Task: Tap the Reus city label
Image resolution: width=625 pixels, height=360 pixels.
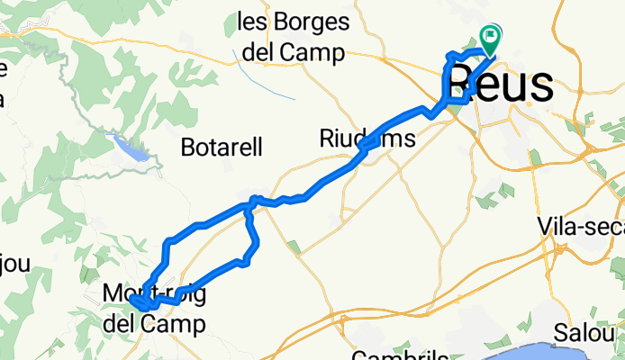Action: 499,85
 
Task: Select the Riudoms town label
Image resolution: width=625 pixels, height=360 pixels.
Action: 367,138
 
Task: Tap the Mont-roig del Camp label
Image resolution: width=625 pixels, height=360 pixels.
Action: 153,308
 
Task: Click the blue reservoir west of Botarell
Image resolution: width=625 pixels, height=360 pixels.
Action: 131,148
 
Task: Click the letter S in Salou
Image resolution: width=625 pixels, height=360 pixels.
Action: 561,332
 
